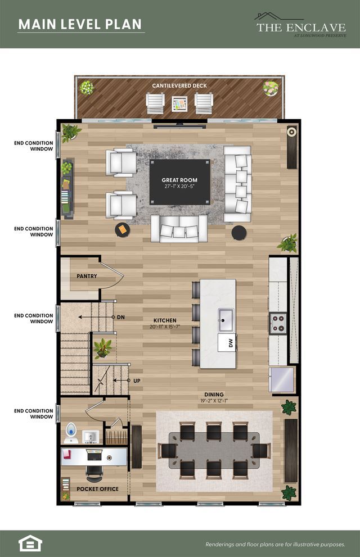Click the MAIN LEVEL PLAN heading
80,24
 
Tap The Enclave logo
301,25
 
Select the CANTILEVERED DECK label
179,85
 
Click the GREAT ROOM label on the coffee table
179,180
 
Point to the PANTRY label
87,276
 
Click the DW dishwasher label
231,343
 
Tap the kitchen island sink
226,316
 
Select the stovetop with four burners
278,323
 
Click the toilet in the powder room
71,433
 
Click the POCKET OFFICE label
97,489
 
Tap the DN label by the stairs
121,317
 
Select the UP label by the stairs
137,381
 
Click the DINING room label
214,395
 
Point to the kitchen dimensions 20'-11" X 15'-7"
165,327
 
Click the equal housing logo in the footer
30,543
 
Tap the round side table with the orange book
123,230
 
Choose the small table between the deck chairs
179,104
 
